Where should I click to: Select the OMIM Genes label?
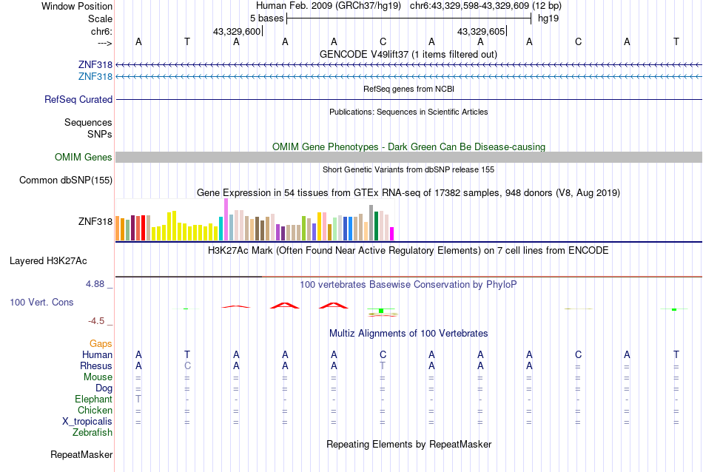(84, 157)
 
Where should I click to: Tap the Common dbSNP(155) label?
(66, 180)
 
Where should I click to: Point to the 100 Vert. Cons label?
(41, 302)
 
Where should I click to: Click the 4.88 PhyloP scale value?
(99, 283)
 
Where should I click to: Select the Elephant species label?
(93, 399)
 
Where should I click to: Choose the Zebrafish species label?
(92, 432)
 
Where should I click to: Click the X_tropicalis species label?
(87, 421)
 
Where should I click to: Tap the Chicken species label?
(95, 410)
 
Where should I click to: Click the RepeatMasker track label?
(81, 454)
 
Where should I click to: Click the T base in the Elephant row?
(138, 399)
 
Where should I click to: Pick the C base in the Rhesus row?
(187, 365)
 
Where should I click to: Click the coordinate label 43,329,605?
(481, 31)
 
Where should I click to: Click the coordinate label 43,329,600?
(236, 31)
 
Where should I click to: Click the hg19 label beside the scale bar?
(548, 17)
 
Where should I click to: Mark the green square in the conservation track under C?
(380, 311)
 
